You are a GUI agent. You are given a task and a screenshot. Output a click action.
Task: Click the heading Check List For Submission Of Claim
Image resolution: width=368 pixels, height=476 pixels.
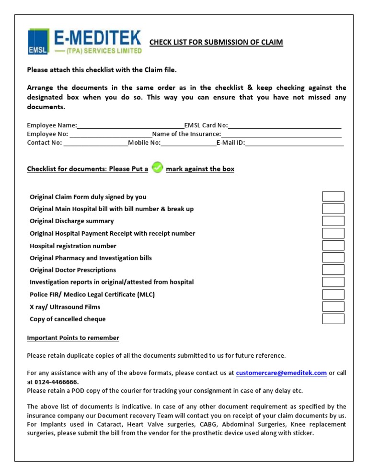[216, 43]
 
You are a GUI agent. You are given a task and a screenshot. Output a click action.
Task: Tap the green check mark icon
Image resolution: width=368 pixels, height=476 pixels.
[157, 168]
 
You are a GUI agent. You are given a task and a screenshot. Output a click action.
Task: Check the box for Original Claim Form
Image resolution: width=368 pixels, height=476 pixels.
[333, 196]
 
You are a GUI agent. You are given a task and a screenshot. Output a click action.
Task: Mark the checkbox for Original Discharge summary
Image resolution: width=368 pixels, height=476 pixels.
[333, 221]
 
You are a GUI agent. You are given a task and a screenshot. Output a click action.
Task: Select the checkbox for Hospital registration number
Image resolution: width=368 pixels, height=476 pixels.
[333, 246]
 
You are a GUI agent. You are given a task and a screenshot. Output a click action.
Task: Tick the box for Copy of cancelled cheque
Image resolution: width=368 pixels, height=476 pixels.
[333, 319]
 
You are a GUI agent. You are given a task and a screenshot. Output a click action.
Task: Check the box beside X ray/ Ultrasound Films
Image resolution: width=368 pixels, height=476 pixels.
[333, 306]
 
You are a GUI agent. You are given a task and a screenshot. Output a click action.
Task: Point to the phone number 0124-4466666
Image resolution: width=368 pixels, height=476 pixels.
[57, 382]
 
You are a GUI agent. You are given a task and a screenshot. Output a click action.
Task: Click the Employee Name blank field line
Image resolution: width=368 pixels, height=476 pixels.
[130, 126]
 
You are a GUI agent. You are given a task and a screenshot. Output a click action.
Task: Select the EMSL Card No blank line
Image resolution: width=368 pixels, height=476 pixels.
[285, 126]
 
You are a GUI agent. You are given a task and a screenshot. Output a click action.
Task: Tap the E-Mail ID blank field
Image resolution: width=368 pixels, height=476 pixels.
[294, 143]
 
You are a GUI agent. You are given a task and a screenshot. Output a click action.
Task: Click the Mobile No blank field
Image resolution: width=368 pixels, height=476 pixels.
[188, 143]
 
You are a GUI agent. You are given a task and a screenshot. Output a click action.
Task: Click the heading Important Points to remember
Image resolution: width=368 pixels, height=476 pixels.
[73, 338]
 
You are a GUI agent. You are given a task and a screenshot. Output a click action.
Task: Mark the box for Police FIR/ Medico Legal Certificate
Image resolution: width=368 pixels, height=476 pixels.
[333, 295]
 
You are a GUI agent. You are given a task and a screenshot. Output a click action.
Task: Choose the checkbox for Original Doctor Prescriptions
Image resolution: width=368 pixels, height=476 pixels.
[333, 270]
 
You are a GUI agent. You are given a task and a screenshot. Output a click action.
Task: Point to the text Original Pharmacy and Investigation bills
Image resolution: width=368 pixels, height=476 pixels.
[91, 258]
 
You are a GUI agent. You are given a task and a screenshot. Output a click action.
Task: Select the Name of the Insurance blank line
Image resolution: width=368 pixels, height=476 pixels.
[281, 135]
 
